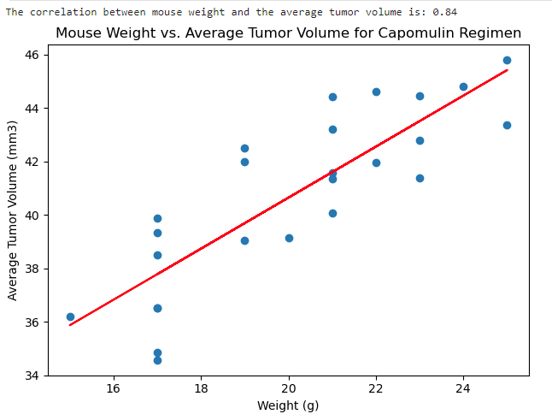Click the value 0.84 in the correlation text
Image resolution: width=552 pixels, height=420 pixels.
444,12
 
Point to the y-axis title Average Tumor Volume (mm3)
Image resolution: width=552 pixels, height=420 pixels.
12,210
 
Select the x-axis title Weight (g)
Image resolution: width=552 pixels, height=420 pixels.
288,405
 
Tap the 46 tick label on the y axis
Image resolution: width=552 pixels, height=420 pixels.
32,55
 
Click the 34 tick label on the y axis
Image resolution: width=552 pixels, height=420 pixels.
32,376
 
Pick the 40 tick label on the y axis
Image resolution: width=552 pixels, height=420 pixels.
32,216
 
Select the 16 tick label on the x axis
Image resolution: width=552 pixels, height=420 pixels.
114,388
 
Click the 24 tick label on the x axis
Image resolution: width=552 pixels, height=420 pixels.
463,388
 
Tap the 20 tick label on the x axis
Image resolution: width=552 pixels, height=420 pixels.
288,388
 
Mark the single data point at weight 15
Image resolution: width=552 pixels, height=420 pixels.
70,316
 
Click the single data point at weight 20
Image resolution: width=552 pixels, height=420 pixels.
289,238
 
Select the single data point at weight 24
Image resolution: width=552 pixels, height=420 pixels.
464,86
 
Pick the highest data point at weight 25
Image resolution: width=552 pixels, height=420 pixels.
507,60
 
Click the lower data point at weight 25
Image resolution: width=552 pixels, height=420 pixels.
507,125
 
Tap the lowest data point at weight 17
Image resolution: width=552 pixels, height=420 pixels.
158,360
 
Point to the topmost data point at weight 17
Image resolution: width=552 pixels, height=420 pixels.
158,218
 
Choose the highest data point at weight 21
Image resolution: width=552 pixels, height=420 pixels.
332,97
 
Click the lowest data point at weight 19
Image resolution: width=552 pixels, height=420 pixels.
244,240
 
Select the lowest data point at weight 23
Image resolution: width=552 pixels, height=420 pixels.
420,178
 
